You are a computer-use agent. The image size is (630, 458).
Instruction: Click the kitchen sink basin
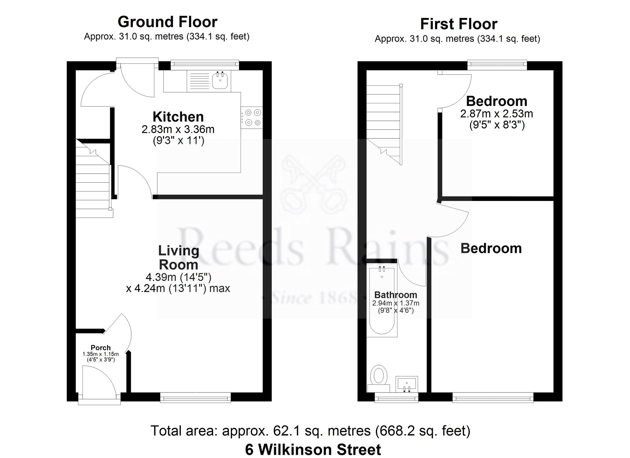click(220, 81)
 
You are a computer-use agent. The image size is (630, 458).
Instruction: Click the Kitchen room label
click(178, 117)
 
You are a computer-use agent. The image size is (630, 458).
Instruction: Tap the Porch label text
click(100, 347)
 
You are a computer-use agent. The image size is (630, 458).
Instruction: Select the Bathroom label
click(396, 295)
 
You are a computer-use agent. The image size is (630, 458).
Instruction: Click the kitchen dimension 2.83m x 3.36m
click(178, 129)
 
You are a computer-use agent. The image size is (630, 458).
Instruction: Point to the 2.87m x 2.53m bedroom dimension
click(496, 113)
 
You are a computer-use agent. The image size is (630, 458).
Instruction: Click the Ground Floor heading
click(167, 22)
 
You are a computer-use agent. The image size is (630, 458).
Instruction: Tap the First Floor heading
click(458, 24)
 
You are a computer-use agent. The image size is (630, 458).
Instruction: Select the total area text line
click(310, 431)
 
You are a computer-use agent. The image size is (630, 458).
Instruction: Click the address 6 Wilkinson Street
click(313, 449)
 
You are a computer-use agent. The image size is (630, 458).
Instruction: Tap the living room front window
click(195, 398)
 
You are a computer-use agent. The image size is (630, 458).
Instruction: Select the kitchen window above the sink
click(205, 64)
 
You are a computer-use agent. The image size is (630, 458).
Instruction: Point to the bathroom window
click(396, 398)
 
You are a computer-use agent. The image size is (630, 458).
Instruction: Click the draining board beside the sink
click(198, 81)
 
